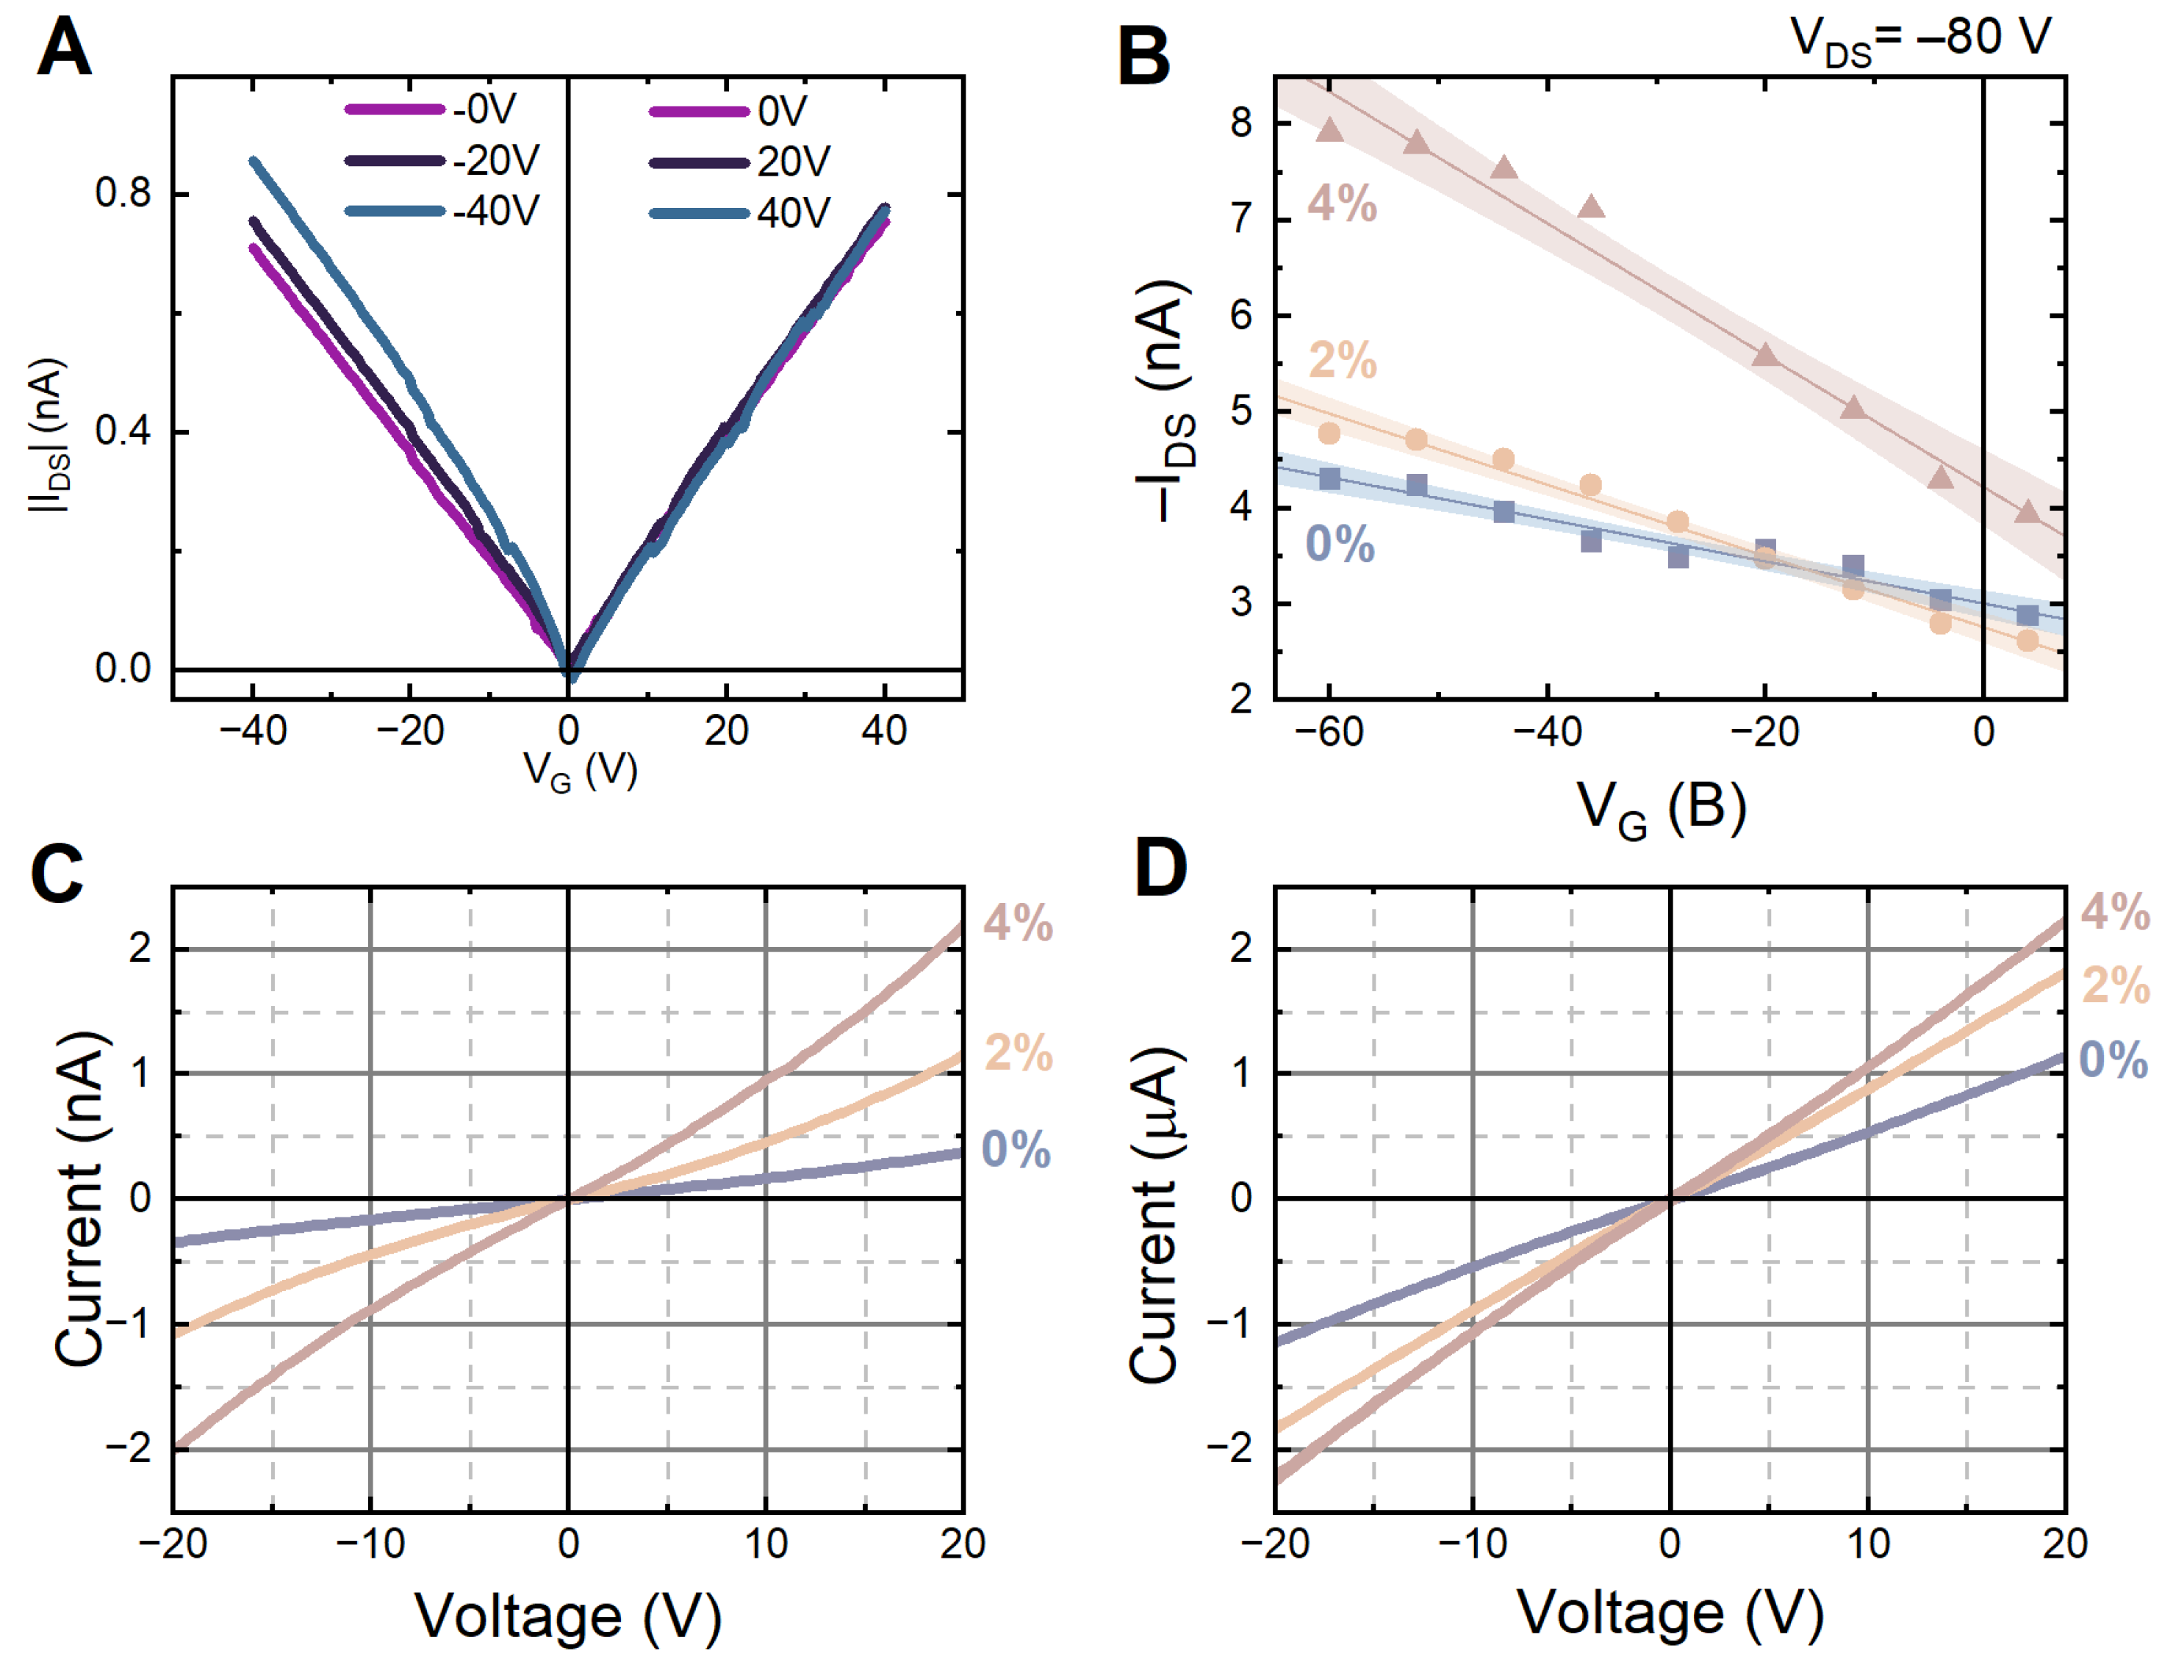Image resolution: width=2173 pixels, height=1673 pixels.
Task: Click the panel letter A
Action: [64, 50]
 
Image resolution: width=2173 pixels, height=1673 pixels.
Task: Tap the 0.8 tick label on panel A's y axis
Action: [123, 193]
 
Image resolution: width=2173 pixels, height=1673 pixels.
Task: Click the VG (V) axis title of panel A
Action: [580, 771]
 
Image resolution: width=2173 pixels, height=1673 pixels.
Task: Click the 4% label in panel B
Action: [1342, 204]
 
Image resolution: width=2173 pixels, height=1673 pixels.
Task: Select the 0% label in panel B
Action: [1339, 544]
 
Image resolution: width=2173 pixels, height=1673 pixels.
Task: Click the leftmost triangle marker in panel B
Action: [1330, 130]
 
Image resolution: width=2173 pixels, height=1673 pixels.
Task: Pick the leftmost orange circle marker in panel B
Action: [1329, 433]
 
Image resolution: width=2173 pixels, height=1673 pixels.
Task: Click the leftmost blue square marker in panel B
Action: [1330, 480]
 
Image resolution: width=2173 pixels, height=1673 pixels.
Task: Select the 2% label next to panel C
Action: [1019, 1052]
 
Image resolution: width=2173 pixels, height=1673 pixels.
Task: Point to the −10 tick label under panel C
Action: [370, 1544]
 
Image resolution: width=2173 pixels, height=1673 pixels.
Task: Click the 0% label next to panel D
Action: [2113, 1060]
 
